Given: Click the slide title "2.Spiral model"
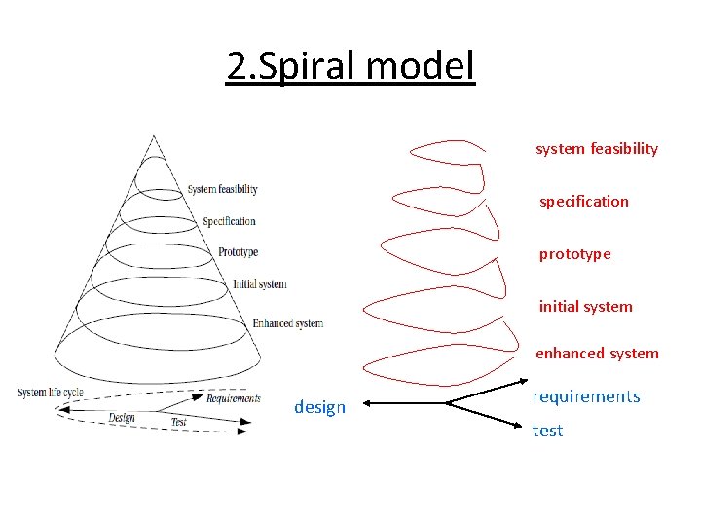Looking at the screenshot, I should click(350, 66).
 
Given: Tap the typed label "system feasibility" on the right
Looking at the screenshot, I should click(596, 149).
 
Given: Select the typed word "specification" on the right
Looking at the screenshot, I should click(584, 202).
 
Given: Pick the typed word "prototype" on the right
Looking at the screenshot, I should click(575, 254).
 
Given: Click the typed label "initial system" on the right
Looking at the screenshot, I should click(585, 307).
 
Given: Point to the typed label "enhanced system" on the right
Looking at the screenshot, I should click(597, 354).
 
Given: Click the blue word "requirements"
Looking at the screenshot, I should click(586, 396).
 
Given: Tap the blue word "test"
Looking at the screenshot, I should click(547, 431).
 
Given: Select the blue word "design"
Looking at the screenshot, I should click(319, 407).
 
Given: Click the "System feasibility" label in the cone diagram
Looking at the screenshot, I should click(222, 189).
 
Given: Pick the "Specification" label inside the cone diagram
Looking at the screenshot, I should click(229, 221).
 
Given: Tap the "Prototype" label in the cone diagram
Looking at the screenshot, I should click(238, 252).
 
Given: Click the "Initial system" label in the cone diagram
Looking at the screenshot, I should click(259, 284).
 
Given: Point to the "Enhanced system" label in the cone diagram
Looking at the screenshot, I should click(287, 323).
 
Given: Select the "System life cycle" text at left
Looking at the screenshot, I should click(51, 393).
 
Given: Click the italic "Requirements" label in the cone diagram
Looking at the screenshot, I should click(233, 397).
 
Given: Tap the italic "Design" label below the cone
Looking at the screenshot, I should click(122, 418).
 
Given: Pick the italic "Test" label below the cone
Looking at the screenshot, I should click(178, 422).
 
